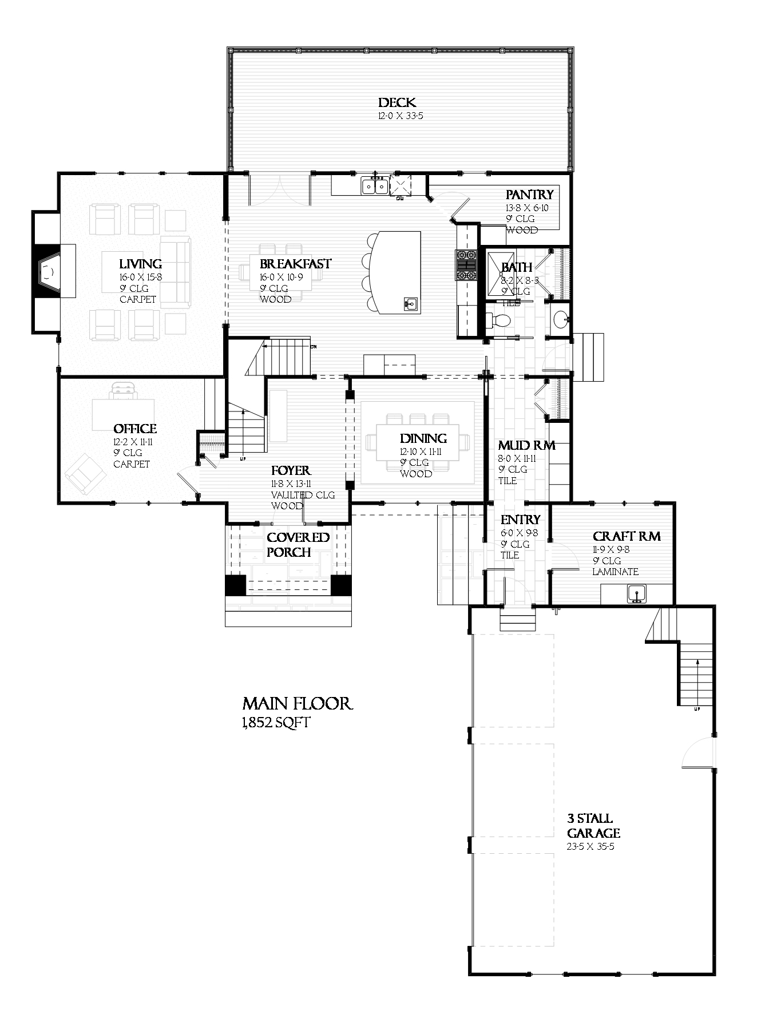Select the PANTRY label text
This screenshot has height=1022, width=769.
pos(529,195)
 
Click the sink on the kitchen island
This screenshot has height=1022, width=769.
pos(410,304)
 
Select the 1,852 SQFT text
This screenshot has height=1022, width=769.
pos(276,723)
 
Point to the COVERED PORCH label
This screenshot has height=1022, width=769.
pos(298,545)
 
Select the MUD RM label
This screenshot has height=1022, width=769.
pos(526,446)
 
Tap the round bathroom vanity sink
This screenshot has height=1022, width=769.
pos(561,319)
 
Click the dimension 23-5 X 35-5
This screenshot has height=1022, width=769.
pos(591,846)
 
